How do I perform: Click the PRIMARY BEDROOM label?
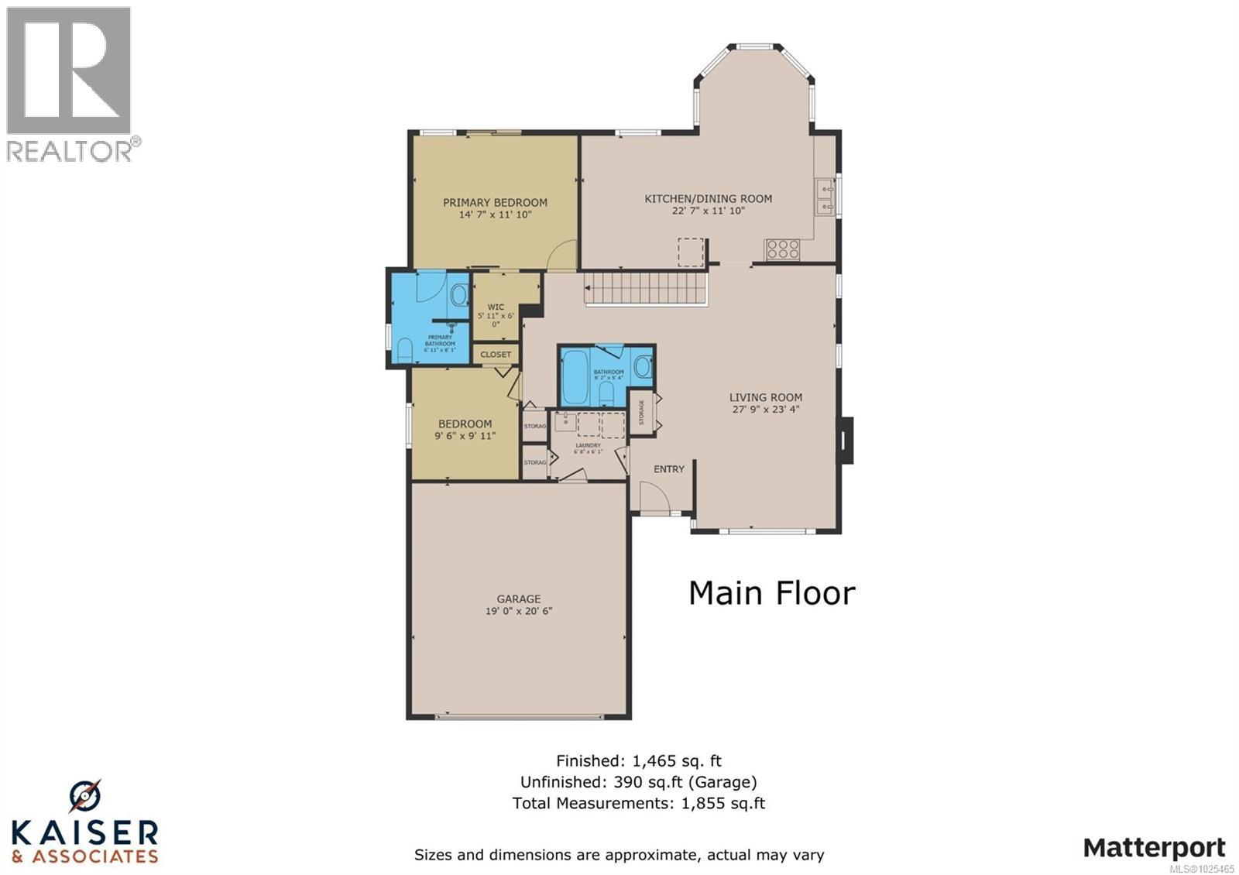pos(495,203)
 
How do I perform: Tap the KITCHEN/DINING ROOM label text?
pos(708,199)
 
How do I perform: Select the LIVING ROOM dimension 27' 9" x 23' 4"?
pos(765,410)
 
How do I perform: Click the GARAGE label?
pos(518,599)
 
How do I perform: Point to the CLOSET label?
pos(496,355)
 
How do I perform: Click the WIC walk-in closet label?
pos(496,307)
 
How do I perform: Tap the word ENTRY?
pos(668,469)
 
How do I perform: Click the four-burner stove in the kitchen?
pos(782,249)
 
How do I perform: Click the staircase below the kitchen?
pos(646,288)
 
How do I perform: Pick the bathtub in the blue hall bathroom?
pos(575,378)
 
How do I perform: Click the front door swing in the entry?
pos(649,496)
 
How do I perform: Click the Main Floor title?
pos(771,594)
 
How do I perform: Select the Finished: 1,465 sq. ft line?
pos(638,761)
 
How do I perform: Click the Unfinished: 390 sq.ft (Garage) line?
pos(638,782)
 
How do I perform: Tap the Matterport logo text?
pos(1154,848)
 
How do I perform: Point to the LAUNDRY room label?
pos(588,445)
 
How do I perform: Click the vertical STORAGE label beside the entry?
pos(642,412)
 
